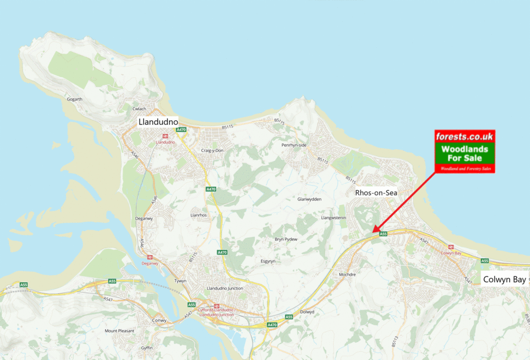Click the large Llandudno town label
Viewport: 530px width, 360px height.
tap(158, 122)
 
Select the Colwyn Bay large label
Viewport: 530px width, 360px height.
tap(504, 280)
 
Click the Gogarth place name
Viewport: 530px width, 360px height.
tap(75, 99)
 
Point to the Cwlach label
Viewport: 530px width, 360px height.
tap(139, 109)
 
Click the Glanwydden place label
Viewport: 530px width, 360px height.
tap(310, 199)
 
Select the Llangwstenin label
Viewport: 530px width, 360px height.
tap(333, 217)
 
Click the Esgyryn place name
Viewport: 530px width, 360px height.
tap(268, 260)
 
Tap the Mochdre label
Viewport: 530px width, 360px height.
tap(348, 274)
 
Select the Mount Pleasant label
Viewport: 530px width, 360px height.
tap(120, 331)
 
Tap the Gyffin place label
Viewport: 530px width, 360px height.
tap(147, 349)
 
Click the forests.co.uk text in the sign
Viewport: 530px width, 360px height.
tap(465, 137)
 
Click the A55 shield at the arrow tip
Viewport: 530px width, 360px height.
tap(383, 234)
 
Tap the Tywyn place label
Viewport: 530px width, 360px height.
tap(180, 280)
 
